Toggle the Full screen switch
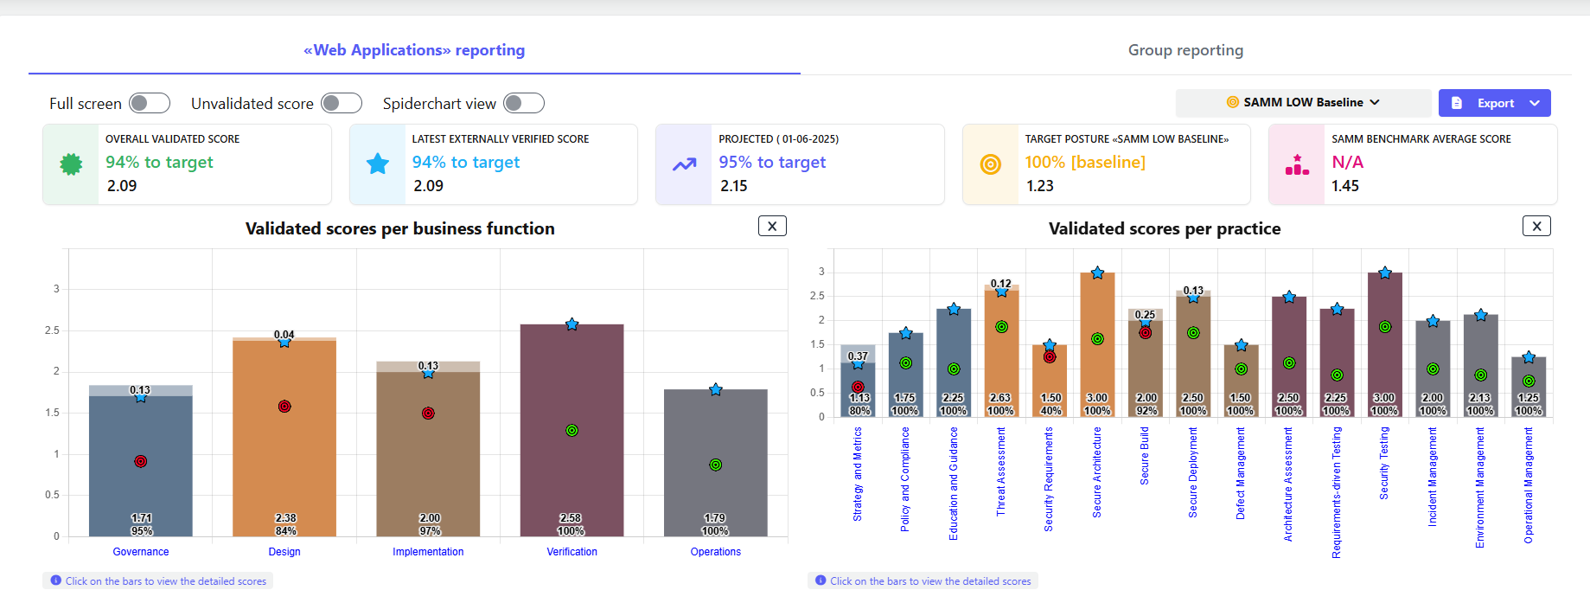pyautogui.click(x=150, y=104)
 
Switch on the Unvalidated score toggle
pyautogui.click(x=342, y=104)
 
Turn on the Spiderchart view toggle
pyautogui.click(x=524, y=104)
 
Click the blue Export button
pyautogui.click(x=1494, y=103)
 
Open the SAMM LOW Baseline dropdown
pyautogui.click(x=1303, y=103)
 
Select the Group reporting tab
pyautogui.click(x=1185, y=50)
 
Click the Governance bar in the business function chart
pyautogui.click(x=141, y=484)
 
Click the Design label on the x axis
pyautogui.click(x=284, y=552)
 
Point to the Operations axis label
pyautogui.click(x=715, y=552)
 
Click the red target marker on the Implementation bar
pyautogui.click(x=428, y=414)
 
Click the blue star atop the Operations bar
pyautogui.click(x=716, y=390)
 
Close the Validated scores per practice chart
pyautogui.click(x=1536, y=227)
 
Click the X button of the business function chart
pyautogui.click(x=772, y=227)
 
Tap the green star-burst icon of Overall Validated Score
pyautogui.click(x=71, y=164)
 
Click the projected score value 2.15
pyautogui.click(x=734, y=186)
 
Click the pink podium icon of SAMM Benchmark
pyautogui.click(x=1297, y=164)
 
